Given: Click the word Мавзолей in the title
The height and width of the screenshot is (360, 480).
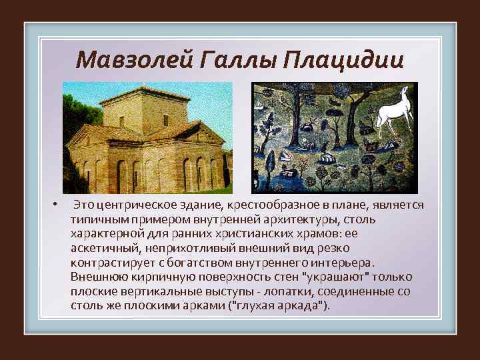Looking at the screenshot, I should click(x=128, y=61).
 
